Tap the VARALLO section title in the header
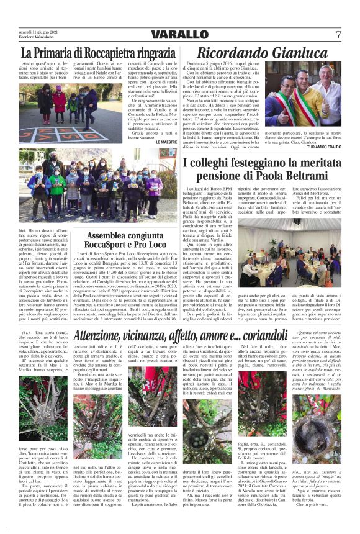tap(179, 34)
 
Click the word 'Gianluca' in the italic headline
tap(295, 54)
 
